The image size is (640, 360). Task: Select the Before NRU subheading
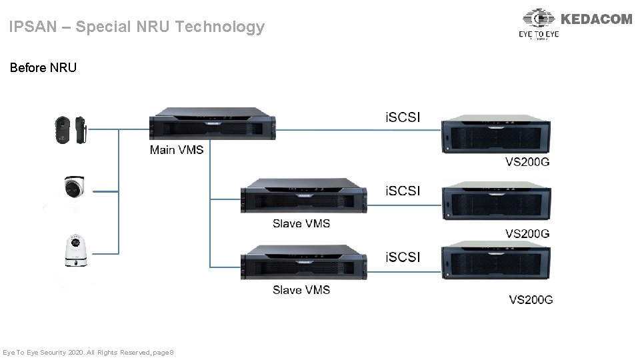pyautogui.click(x=43, y=67)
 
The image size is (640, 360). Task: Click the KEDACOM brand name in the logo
pyautogui.click(x=597, y=19)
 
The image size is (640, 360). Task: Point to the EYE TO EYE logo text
pyautogui.click(x=539, y=33)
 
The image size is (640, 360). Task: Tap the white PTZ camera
pyautogui.click(x=76, y=251)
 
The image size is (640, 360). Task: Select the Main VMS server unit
pyautogui.click(x=213, y=125)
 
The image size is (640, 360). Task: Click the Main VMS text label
pyautogui.click(x=177, y=150)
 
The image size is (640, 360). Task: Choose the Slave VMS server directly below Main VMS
pyautogui.click(x=304, y=195)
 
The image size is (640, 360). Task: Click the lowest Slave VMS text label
pyautogui.click(x=301, y=290)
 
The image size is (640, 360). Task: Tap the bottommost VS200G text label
pyautogui.click(x=531, y=300)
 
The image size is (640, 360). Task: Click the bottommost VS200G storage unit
pyautogui.click(x=496, y=269)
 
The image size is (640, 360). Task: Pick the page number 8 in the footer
pyautogui.click(x=171, y=351)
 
